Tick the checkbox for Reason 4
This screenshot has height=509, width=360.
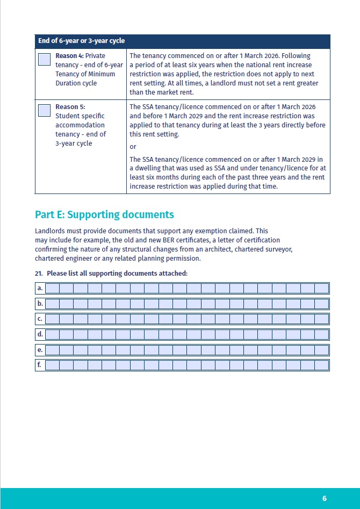click(45, 60)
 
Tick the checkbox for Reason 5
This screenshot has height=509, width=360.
click(45, 111)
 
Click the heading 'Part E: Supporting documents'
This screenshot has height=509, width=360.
click(104, 214)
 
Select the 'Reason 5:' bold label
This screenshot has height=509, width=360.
click(70, 107)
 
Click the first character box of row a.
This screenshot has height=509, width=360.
click(52, 289)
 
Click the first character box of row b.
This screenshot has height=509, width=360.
click(52, 304)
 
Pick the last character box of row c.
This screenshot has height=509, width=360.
click(321, 319)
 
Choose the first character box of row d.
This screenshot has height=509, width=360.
click(52, 334)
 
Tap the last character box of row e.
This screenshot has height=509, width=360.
click(321, 350)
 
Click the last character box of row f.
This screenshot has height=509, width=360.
click(321, 365)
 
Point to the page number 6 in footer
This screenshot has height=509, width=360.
click(325, 498)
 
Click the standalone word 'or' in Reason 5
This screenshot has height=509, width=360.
click(133, 147)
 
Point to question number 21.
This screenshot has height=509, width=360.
click(39, 274)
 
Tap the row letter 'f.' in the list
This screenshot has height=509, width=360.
click(40, 365)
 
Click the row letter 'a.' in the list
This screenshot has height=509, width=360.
click(40, 289)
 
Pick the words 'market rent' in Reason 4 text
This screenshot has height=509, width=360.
click(175, 92)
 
